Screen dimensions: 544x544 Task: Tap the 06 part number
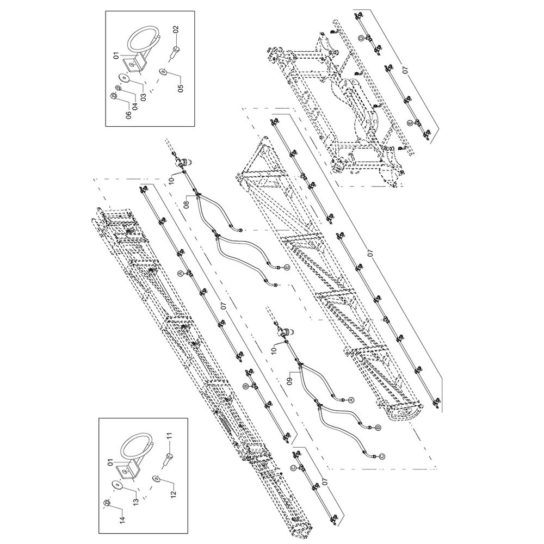click(x=129, y=115)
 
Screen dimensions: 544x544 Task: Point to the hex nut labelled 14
click(x=107, y=502)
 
